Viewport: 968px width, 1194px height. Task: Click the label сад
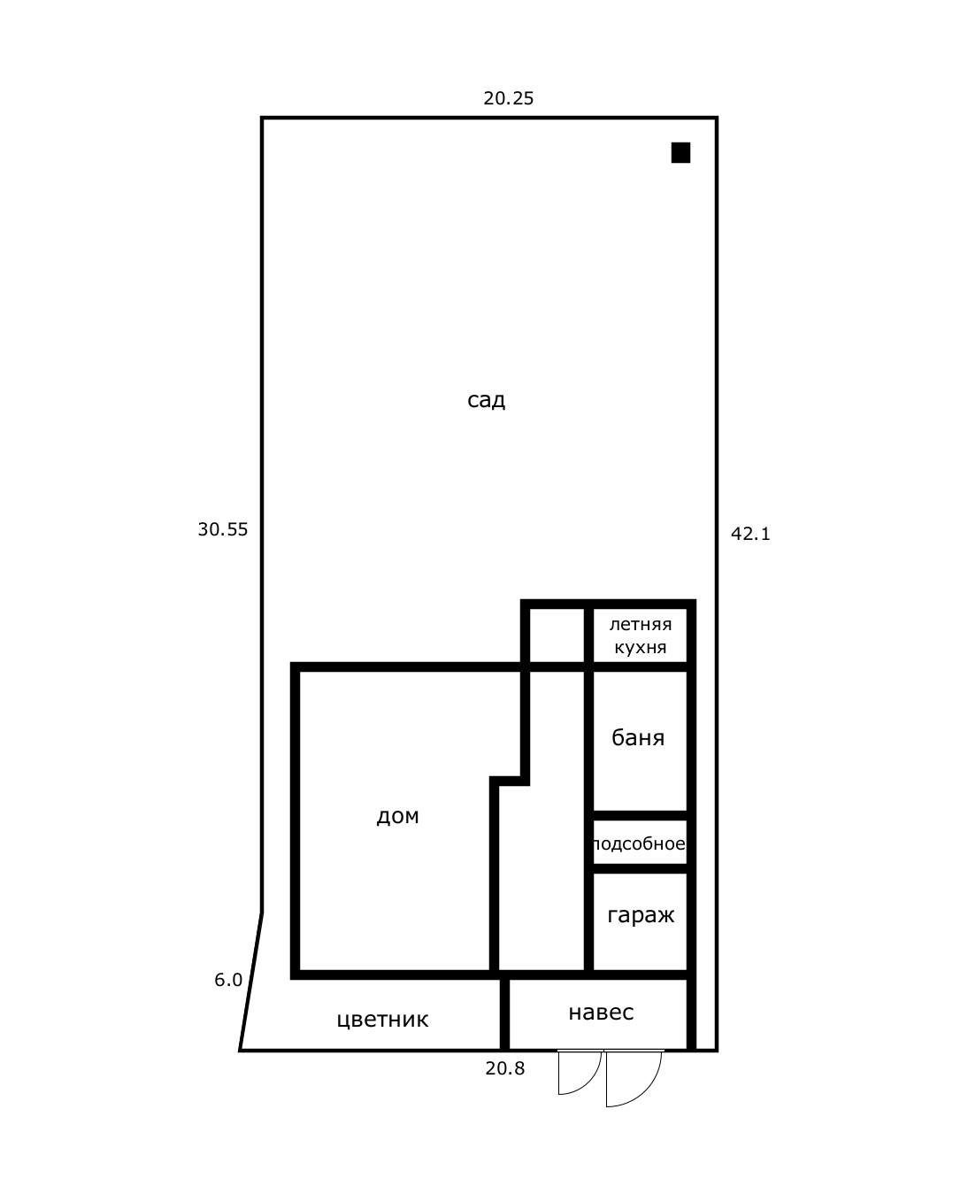point(486,400)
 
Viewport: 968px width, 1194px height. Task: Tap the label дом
point(397,816)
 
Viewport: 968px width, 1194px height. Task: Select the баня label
point(637,737)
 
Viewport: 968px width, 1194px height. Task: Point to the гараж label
point(641,915)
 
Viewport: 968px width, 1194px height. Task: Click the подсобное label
point(639,844)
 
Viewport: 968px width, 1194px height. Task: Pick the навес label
point(601,1012)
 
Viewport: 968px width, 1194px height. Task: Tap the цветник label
point(382,1020)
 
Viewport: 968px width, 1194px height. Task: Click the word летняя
point(641,625)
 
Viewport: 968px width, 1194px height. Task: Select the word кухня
point(641,648)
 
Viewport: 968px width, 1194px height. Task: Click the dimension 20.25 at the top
point(508,98)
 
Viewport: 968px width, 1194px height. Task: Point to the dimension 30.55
point(222,529)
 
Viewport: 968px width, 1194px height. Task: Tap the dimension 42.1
point(750,534)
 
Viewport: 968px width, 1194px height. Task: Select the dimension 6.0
point(228,980)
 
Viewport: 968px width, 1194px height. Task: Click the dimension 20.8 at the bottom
point(504,1068)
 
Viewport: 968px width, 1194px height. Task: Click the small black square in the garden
point(680,152)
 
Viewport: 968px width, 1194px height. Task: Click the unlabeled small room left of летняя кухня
point(557,636)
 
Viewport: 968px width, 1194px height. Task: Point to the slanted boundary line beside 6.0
point(250,981)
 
